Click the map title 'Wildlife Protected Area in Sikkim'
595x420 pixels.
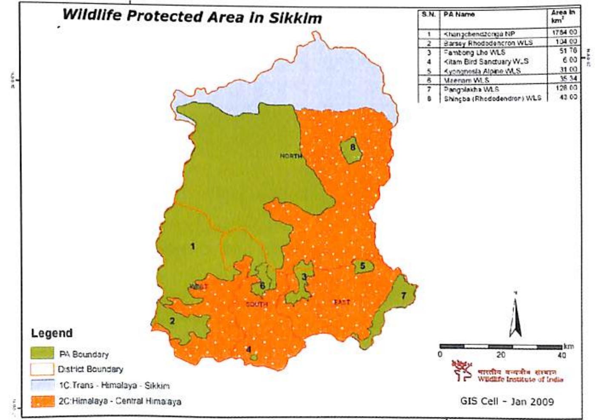coord(192,16)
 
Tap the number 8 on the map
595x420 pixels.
coord(353,147)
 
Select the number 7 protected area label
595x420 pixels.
coord(403,295)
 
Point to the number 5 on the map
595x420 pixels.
coord(363,266)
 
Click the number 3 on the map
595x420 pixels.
coord(304,277)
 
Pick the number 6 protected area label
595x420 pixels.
coord(263,285)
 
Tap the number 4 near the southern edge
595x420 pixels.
coord(249,350)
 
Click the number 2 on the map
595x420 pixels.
coord(172,321)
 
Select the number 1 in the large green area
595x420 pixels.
coord(193,246)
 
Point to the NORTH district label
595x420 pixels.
coord(291,156)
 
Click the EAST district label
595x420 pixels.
coord(341,302)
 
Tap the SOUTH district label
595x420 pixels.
coord(257,304)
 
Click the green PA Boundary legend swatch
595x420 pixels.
coord(42,353)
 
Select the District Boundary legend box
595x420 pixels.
coord(42,369)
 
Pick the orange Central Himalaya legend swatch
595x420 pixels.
coord(42,401)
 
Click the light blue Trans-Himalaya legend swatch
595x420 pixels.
coord(42,385)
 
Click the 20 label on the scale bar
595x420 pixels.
coord(501,355)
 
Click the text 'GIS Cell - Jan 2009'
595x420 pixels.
coord(507,401)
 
